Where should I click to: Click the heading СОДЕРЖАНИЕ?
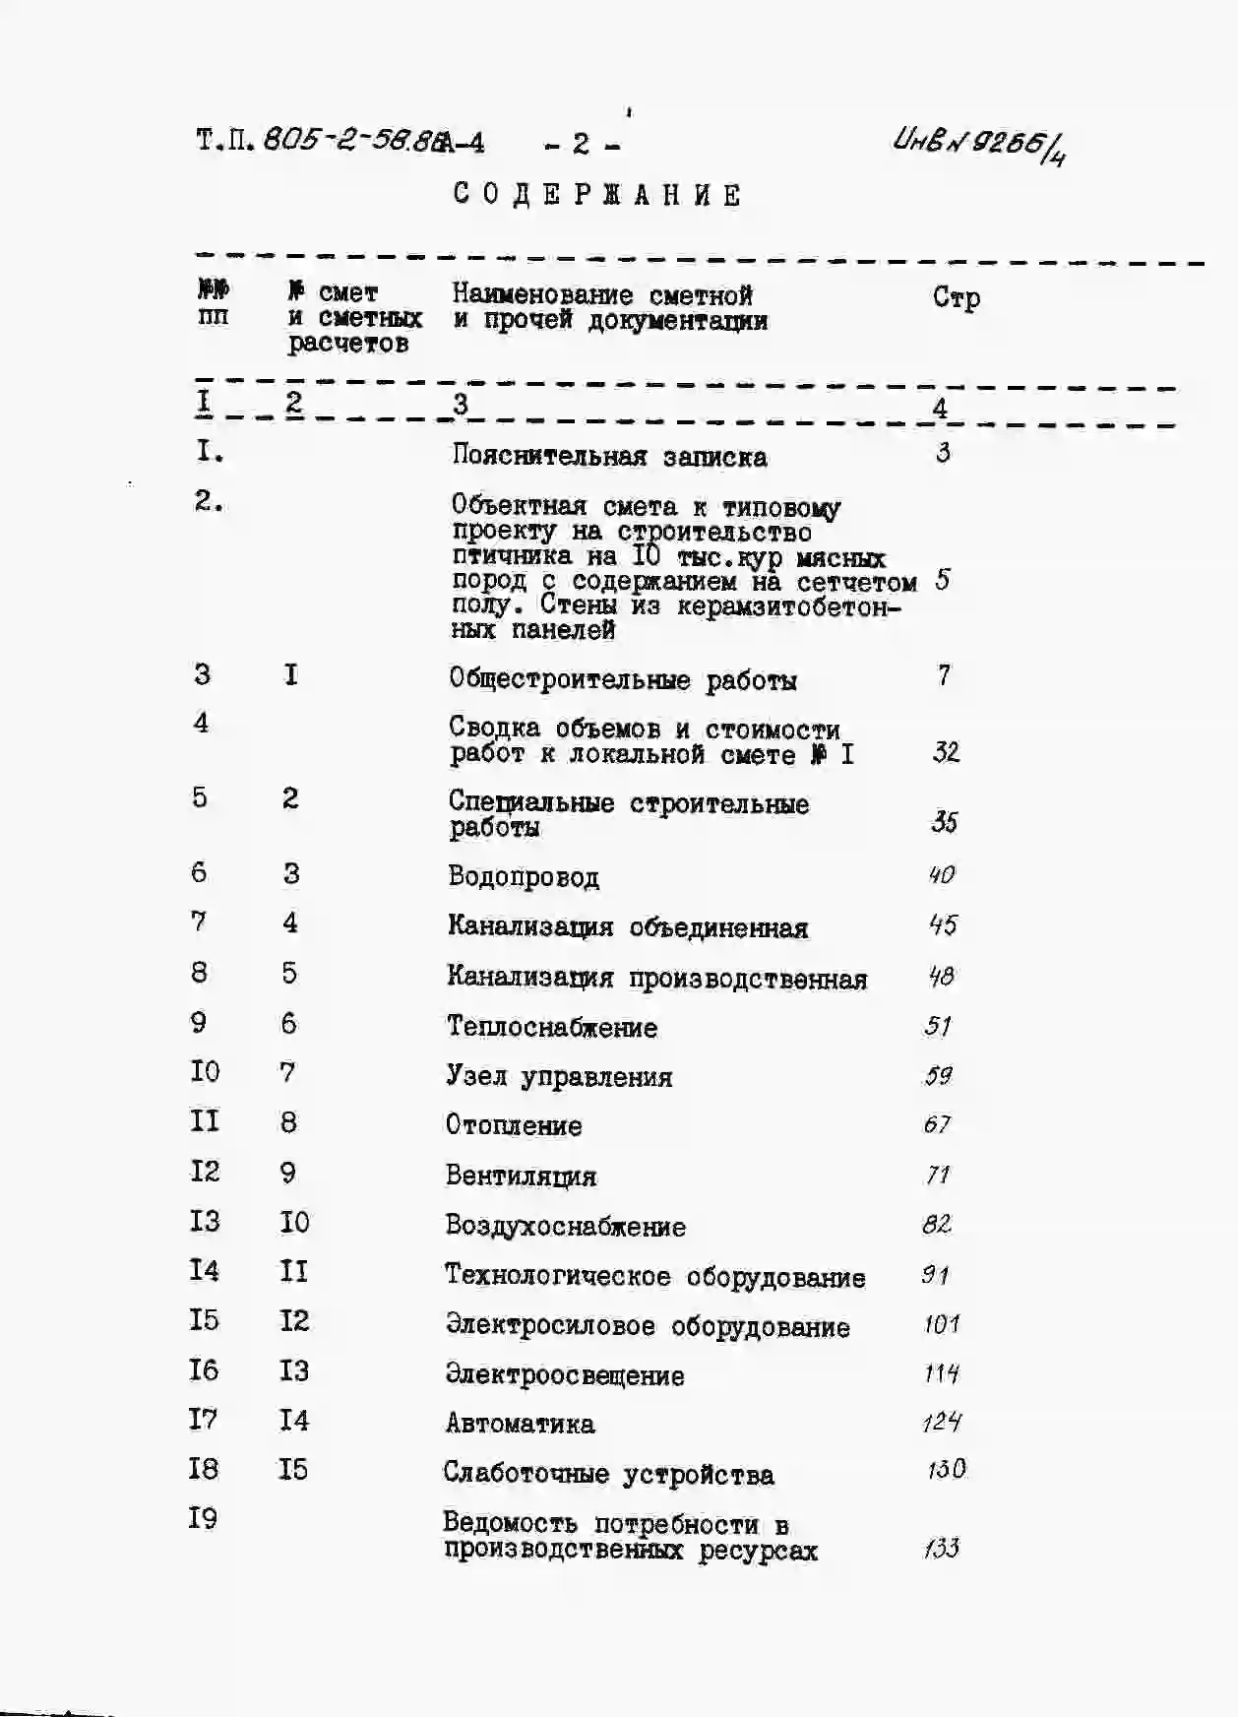click(x=597, y=195)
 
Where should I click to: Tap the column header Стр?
click(x=956, y=297)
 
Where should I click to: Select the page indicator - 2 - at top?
click(x=582, y=145)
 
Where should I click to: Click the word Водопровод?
click(x=524, y=876)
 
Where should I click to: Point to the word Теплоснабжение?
click(x=552, y=1027)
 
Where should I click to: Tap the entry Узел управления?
click(x=559, y=1076)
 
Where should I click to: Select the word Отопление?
click(x=514, y=1125)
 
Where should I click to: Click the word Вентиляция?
click(x=521, y=1176)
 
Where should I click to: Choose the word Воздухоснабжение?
click(x=565, y=1226)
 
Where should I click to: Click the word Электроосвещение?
click(x=565, y=1375)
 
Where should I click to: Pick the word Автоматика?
click(x=520, y=1424)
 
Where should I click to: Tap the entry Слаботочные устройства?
click(x=608, y=1474)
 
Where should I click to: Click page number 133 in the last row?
click(x=942, y=1549)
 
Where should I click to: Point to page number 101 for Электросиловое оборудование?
click(x=942, y=1324)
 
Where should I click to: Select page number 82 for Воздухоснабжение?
click(x=937, y=1224)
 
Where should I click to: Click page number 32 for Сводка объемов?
click(x=946, y=752)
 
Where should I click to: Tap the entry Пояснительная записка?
click(x=609, y=456)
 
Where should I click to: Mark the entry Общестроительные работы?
click(x=623, y=679)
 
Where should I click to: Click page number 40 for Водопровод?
click(x=942, y=874)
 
